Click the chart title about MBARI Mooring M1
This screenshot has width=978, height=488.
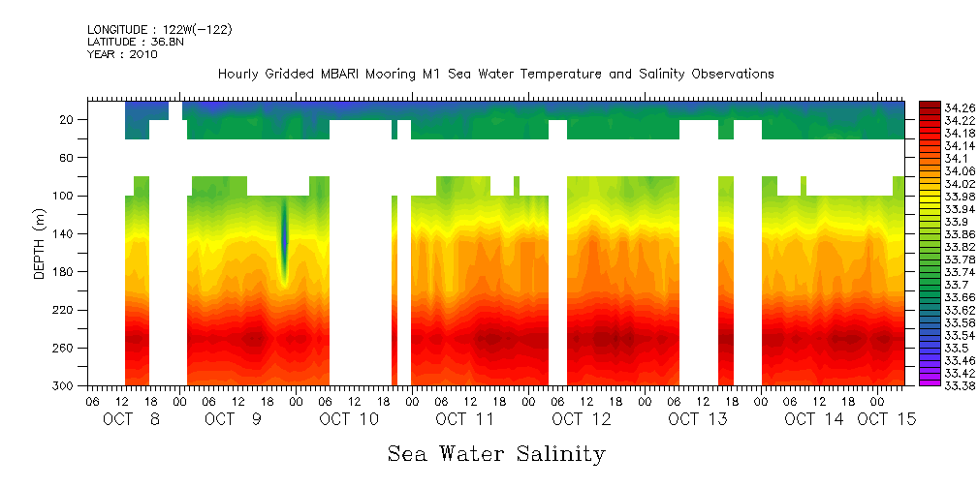(495, 74)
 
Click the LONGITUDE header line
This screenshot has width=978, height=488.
(159, 30)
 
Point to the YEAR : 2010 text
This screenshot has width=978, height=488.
(122, 54)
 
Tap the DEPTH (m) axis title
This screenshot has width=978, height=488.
(40, 243)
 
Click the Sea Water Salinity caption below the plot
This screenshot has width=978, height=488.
(496, 453)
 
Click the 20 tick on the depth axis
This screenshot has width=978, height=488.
(68, 120)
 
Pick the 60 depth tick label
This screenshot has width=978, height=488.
(68, 158)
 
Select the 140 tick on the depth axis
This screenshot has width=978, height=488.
(64, 233)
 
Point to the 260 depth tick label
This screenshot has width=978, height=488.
(64, 348)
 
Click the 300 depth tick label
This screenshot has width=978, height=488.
(64, 385)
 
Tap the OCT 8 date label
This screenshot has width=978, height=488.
(132, 419)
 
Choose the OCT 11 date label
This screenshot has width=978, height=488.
(465, 419)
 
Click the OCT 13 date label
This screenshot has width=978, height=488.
(698, 419)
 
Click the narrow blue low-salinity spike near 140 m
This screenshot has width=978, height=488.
(285, 237)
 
